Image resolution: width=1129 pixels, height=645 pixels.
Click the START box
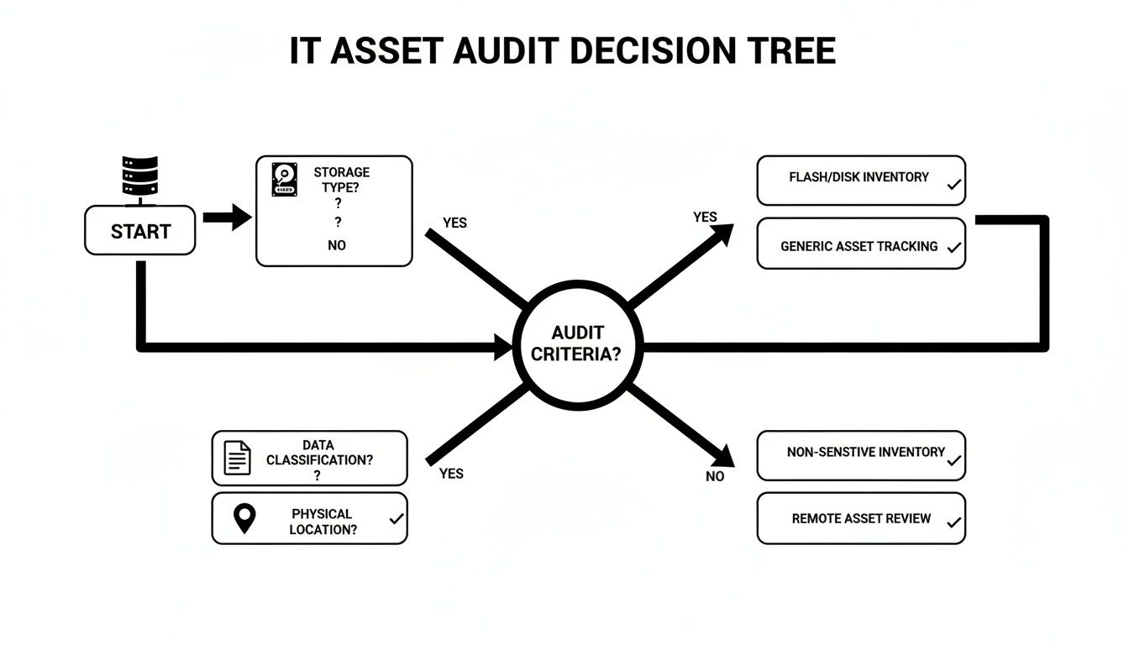140,231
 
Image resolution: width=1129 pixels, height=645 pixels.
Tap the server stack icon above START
139,179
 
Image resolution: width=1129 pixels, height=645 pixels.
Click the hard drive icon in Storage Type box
285,180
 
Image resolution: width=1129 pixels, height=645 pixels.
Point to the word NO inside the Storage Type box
337,245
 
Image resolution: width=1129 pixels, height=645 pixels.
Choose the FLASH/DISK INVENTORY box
860,180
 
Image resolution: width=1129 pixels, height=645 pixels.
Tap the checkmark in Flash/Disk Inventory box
953,185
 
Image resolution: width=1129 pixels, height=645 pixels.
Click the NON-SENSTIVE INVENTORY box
860,455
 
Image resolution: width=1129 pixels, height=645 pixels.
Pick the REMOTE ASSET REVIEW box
860,518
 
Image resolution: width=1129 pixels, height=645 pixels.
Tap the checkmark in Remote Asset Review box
953,522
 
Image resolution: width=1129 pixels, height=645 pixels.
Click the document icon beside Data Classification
238,459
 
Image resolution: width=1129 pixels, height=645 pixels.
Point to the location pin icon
244,519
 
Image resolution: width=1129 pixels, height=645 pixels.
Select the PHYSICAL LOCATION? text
323,522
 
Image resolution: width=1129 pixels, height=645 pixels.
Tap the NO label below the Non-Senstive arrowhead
715,476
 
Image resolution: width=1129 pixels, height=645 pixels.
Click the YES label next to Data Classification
451,474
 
